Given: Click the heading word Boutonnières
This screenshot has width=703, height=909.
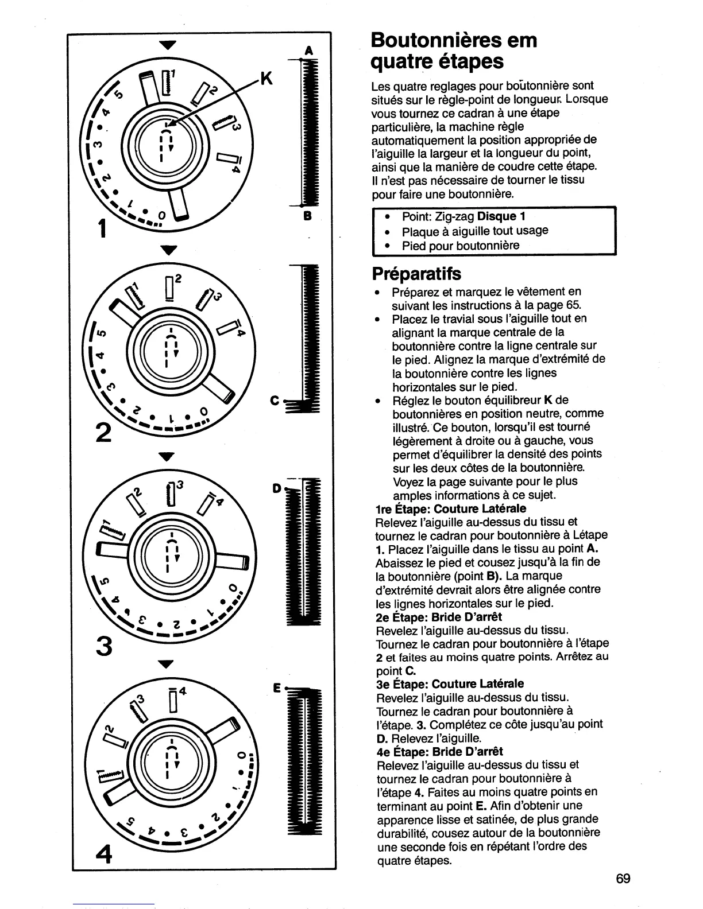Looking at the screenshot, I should pos(438,41).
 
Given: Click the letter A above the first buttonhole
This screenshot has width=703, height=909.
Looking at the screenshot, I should pos(308,51).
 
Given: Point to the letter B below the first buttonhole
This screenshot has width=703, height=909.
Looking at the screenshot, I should pos(307,217).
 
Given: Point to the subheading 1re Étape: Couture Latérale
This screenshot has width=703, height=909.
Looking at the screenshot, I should pos(450,509).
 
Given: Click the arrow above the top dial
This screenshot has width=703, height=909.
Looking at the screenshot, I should pos(167,45).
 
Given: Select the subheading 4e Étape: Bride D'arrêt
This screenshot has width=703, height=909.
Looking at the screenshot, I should pos(439,751).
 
